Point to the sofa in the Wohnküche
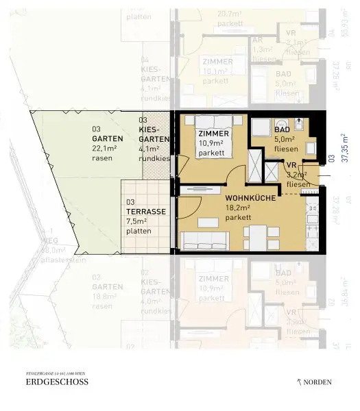coord(204,240)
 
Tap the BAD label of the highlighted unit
coord(282,129)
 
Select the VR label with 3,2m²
coord(291,165)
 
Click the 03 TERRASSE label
coord(145,208)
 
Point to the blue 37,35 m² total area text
coord(345,149)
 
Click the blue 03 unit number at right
coord(331,159)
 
